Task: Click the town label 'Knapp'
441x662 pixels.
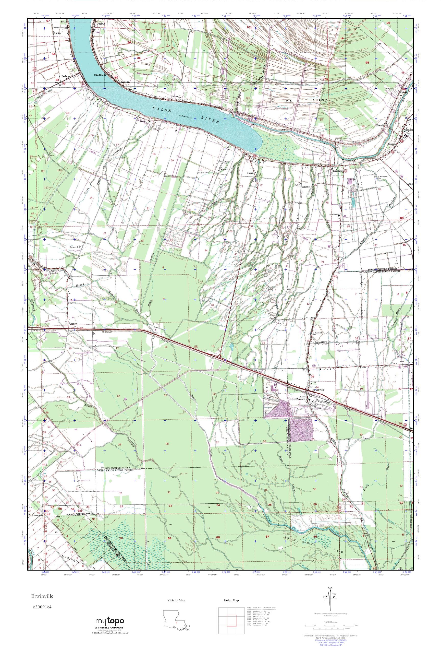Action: point(250,174)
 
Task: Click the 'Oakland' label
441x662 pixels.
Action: point(305,187)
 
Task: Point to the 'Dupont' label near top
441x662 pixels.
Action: point(100,24)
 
